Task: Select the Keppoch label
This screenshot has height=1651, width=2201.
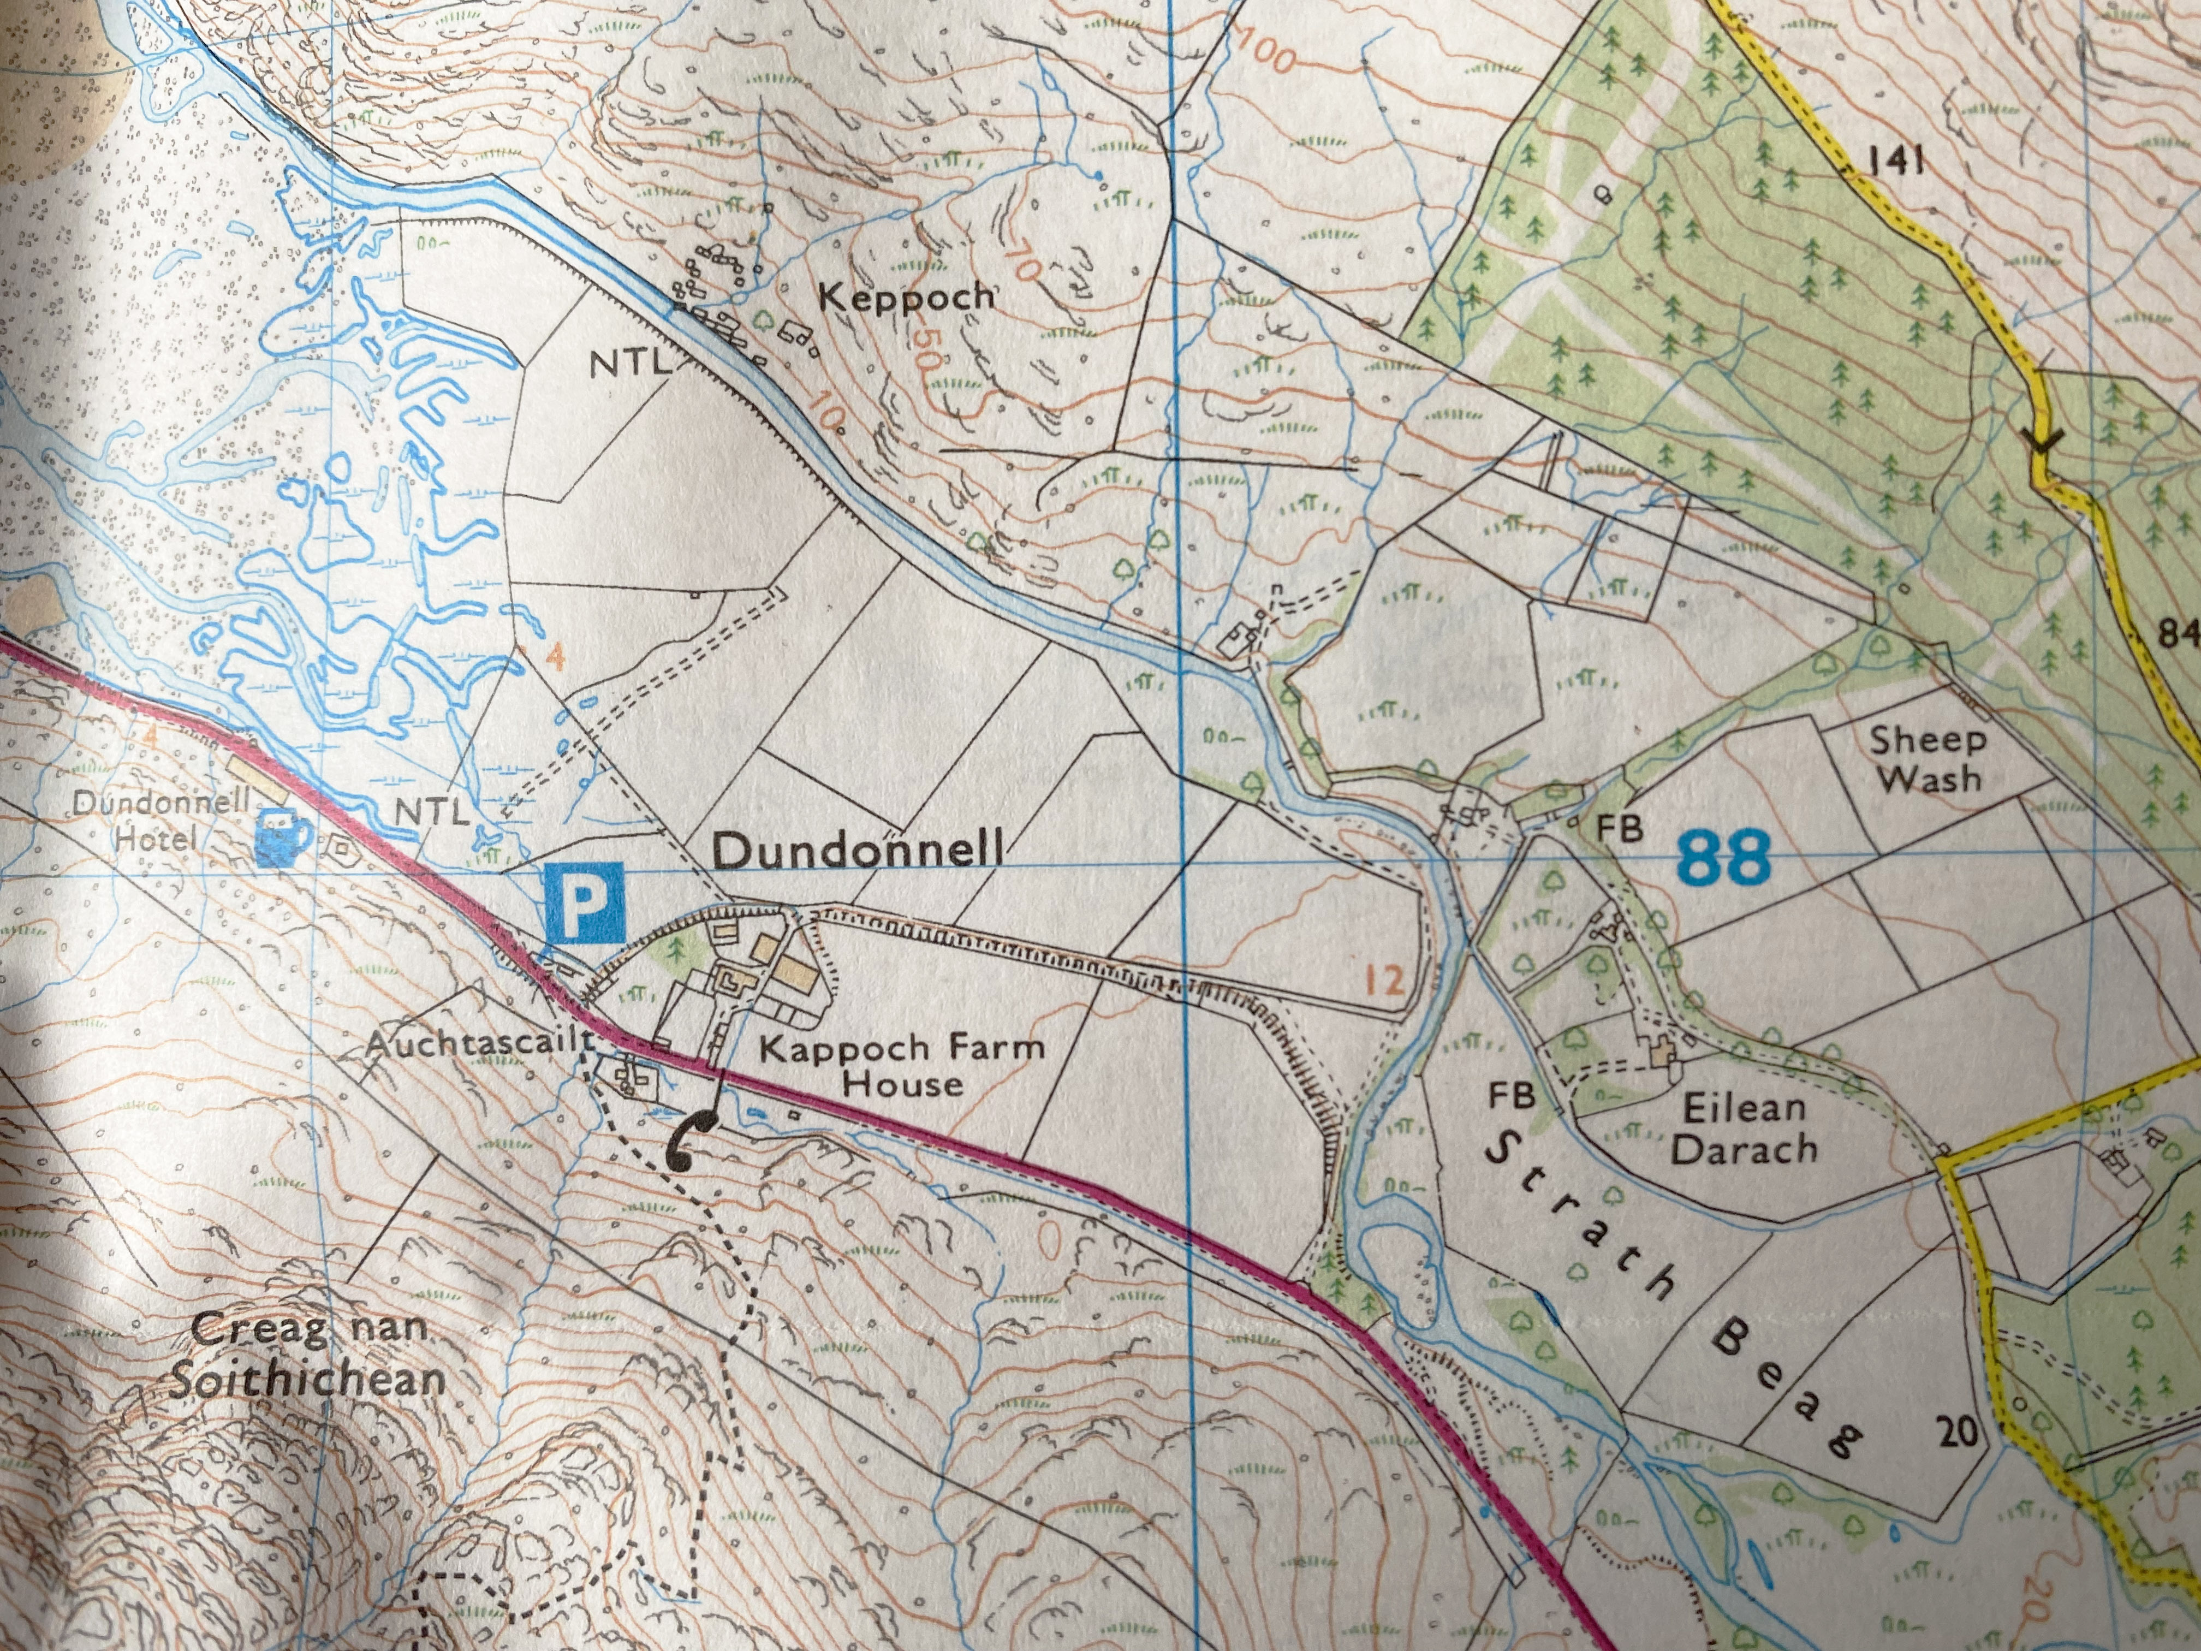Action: (906, 296)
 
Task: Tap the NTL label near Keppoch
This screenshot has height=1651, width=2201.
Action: (629, 364)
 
